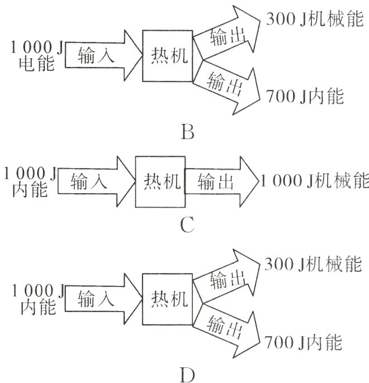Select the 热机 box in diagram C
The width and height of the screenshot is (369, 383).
pyautogui.click(x=160, y=181)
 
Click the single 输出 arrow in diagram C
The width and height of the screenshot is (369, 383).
pyautogui.click(x=218, y=181)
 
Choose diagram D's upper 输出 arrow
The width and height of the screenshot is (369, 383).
pyautogui.click(x=226, y=279)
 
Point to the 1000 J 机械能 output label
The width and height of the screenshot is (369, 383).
pyautogui.click(x=314, y=181)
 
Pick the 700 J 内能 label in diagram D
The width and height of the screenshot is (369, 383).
pyautogui.click(x=304, y=342)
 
